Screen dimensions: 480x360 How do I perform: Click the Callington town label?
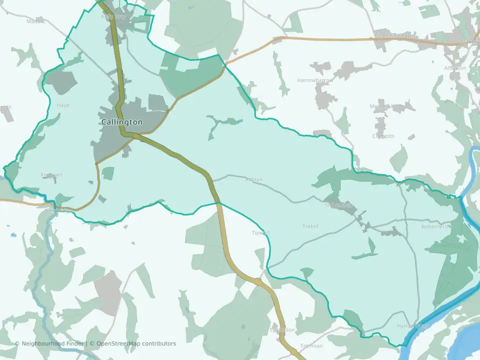tap(121, 122)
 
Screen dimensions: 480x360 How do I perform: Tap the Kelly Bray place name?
tap(113, 16)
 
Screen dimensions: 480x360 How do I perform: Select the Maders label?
tap(35, 21)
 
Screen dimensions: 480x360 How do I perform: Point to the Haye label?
tap(63, 105)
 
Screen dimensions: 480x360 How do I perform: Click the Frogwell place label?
tap(52, 175)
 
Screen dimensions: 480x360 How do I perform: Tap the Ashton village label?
tap(253, 179)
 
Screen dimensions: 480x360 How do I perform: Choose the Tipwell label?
tap(260, 233)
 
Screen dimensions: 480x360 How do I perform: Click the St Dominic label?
tap(338, 205)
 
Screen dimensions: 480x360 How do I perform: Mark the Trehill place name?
tap(310, 226)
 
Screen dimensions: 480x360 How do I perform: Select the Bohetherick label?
tap(436, 226)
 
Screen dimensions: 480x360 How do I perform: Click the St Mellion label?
tap(282, 330)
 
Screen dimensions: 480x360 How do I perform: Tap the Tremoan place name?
tap(311, 346)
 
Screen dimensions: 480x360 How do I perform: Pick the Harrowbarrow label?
tap(315, 80)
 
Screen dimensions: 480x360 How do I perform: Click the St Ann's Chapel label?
tap(395, 36)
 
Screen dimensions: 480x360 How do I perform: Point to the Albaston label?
tap(455, 68)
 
